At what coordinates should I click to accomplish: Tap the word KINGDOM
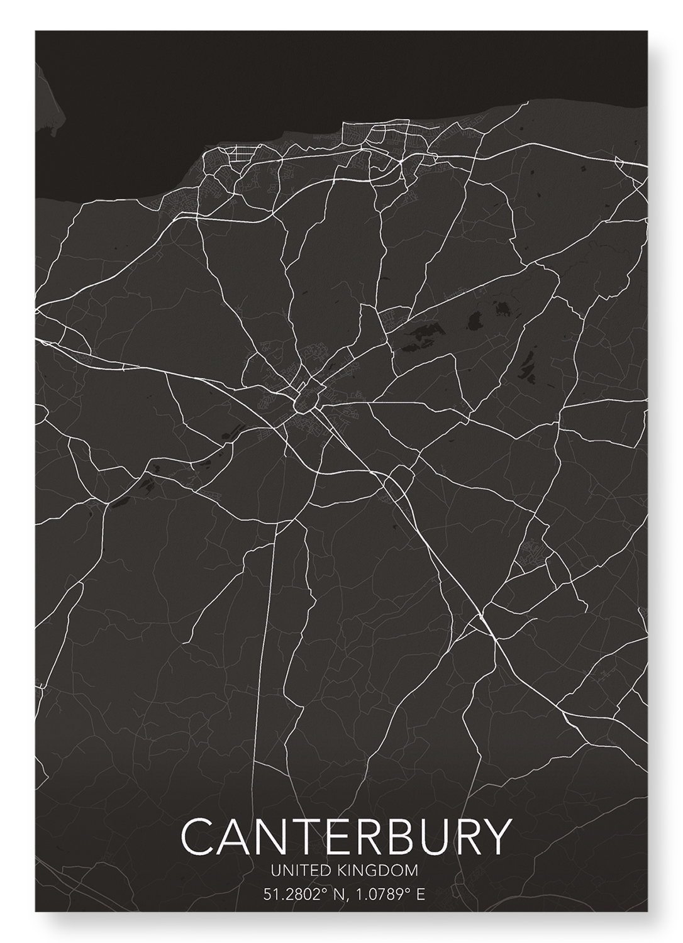(378, 871)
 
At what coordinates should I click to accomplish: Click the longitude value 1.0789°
(384, 893)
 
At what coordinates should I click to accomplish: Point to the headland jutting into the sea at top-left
(50, 113)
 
